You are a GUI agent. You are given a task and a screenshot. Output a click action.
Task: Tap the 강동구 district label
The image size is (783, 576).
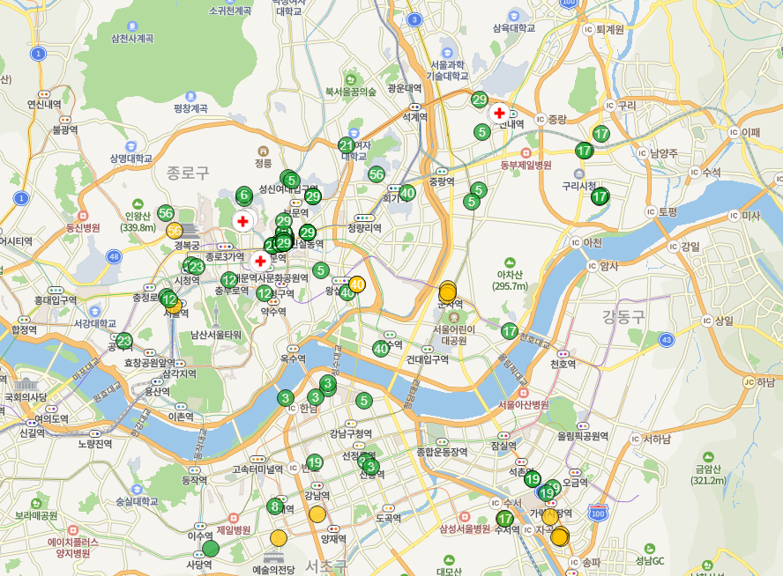[624, 316]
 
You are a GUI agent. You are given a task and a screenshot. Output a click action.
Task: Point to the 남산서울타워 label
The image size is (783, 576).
[215, 335]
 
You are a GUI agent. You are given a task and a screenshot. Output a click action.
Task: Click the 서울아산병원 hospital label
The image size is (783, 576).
[523, 404]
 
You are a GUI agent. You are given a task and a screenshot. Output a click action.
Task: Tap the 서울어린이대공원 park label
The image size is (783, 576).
[454, 335]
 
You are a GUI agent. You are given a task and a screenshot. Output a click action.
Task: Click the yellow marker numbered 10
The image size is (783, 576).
[357, 284]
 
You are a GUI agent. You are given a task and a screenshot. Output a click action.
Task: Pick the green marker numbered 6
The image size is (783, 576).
[244, 195]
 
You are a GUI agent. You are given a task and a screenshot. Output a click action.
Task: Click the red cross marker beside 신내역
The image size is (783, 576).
[499, 113]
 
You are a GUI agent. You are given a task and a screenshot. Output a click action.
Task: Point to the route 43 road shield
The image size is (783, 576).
[667, 339]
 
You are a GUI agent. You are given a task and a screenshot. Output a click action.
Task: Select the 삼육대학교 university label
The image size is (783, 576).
[514, 28]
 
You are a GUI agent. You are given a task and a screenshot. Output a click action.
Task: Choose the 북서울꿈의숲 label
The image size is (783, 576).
[350, 92]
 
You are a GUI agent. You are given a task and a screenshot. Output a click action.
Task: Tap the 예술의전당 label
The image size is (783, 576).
[273, 569]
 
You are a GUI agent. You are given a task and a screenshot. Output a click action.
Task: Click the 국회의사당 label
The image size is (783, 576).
[24, 397]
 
